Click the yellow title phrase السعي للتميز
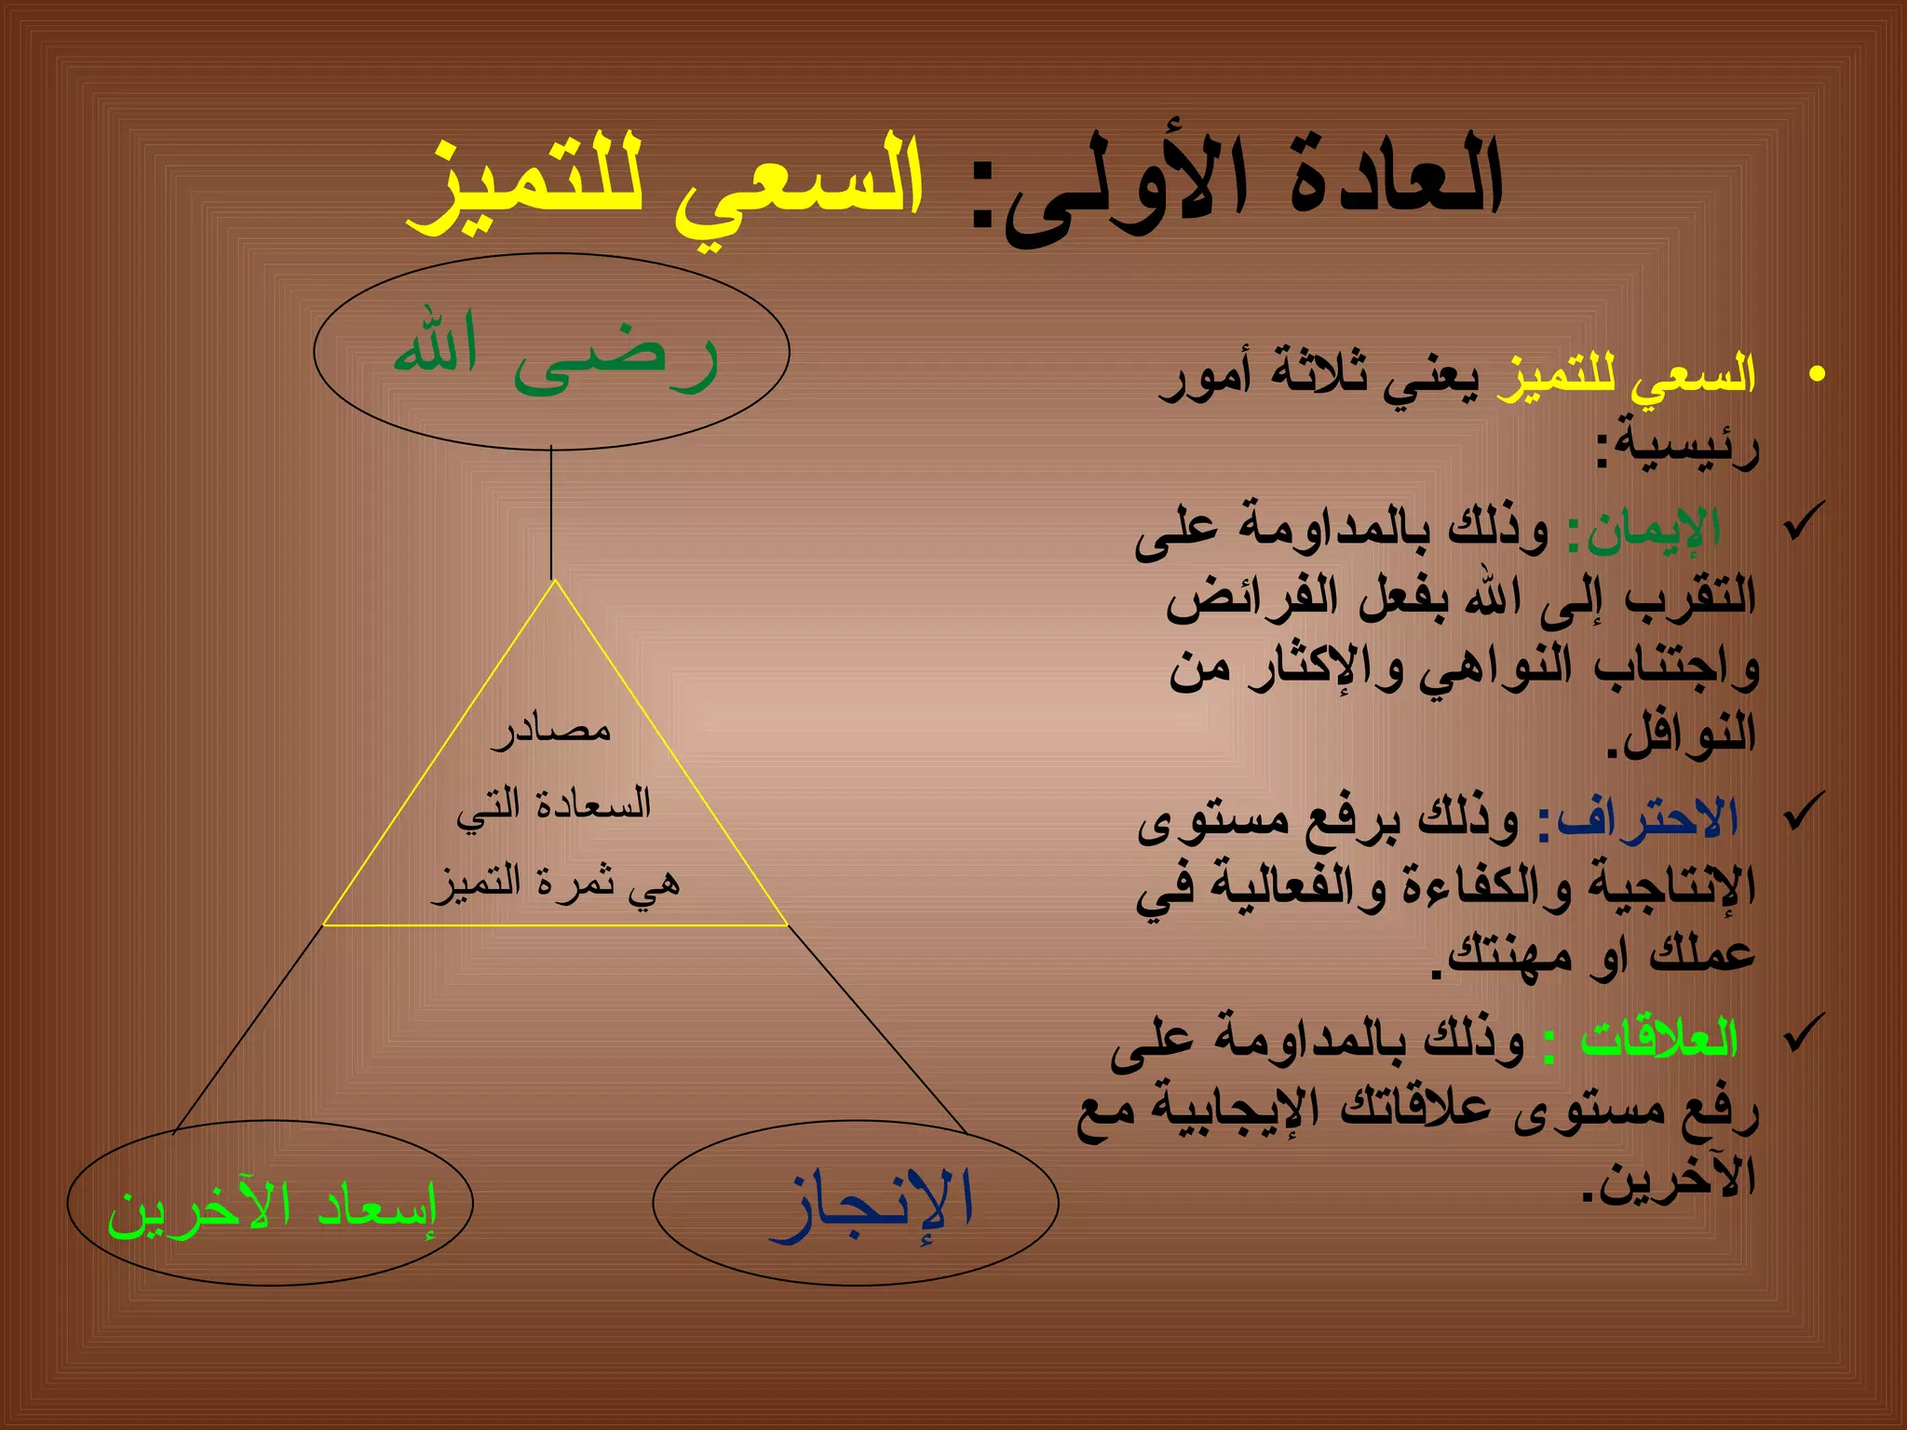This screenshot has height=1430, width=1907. pos(665,186)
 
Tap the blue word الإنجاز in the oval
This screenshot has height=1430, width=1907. pos(872,1205)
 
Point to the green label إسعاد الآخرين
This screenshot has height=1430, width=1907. pos(272,1208)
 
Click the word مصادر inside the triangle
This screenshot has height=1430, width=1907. pos(551,728)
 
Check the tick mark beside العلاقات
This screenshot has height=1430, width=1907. pos(1804,1032)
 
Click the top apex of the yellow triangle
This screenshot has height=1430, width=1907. pos(555,583)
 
